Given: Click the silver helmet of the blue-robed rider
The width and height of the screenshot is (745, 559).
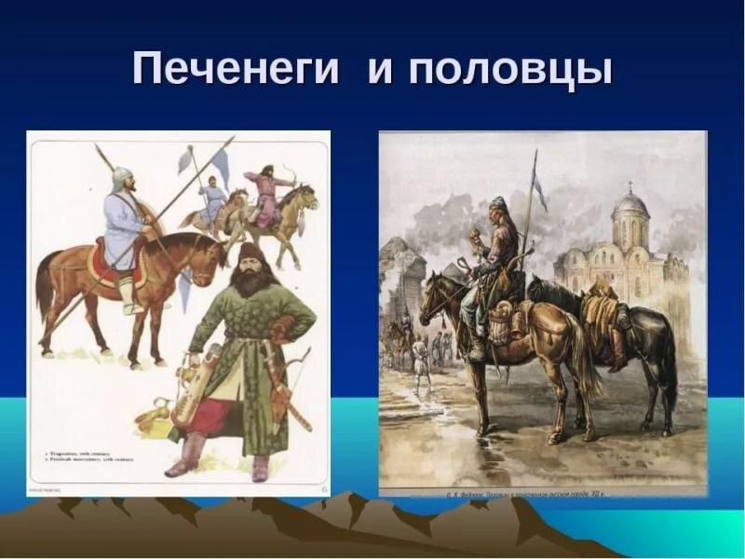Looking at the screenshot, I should click(122, 176).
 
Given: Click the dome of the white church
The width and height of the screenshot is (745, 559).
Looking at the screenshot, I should click(630, 202).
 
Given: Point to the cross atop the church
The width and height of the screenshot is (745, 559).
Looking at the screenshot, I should click(630, 184).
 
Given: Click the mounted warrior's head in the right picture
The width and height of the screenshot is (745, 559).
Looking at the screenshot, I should click(497, 206).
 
